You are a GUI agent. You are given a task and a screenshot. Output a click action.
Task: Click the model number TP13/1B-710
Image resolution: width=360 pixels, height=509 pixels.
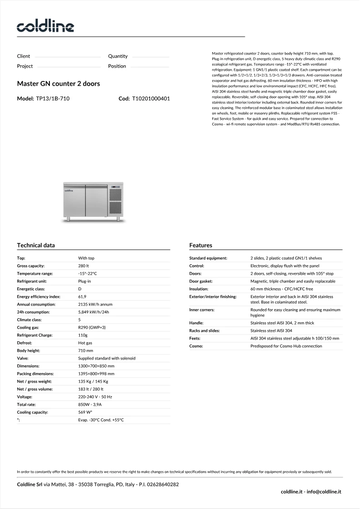(x=53, y=98)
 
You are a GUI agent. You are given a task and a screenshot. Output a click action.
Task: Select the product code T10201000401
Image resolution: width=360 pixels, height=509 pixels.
(x=151, y=98)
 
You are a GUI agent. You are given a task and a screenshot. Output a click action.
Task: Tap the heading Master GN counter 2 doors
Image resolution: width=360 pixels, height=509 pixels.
(x=58, y=84)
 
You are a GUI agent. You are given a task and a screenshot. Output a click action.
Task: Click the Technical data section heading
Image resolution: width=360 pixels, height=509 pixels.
(x=36, y=245)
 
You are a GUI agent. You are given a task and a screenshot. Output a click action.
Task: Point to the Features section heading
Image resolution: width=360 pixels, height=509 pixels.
(x=200, y=245)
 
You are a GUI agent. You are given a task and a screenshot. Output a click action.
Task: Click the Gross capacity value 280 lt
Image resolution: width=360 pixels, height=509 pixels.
(x=83, y=266)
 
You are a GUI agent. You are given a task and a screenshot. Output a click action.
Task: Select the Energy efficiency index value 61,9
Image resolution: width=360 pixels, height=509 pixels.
(x=82, y=297)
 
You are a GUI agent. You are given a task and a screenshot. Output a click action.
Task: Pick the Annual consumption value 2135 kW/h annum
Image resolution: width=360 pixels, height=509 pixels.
(x=95, y=305)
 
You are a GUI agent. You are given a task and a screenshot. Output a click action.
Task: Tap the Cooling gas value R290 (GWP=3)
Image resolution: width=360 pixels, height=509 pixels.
(x=92, y=327)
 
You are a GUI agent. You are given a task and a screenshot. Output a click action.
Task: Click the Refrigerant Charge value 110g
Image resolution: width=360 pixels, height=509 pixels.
(x=83, y=335)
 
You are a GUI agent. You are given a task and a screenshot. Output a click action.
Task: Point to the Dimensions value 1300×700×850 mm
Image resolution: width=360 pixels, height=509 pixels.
(x=96, y=366)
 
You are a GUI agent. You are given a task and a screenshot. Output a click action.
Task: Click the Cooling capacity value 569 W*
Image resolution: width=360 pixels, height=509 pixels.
(x=85, y=412)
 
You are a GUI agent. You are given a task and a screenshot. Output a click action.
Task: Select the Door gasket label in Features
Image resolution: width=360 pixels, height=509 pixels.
(x=201, y=281)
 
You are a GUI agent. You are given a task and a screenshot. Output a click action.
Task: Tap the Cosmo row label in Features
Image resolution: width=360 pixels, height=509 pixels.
(x=196, y=346)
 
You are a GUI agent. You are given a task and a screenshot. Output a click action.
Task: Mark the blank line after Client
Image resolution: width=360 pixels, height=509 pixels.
(x=68, y=58)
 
